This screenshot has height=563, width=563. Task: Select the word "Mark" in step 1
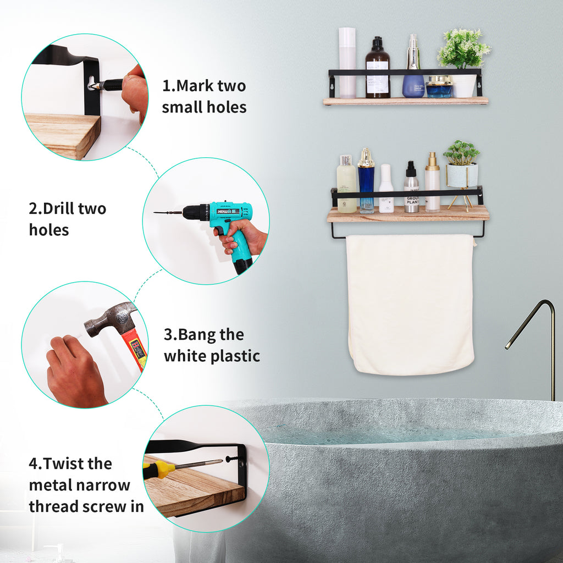[x=196, y=86]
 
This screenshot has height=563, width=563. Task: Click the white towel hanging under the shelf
[x=410, y=305]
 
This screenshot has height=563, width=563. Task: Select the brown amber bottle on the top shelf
[x=378, y=68]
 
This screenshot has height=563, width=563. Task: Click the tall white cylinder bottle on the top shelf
[x=347, y=63]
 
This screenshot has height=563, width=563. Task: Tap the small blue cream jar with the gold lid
[x=439, y=86]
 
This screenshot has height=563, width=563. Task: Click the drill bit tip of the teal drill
[x=154, y=213]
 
